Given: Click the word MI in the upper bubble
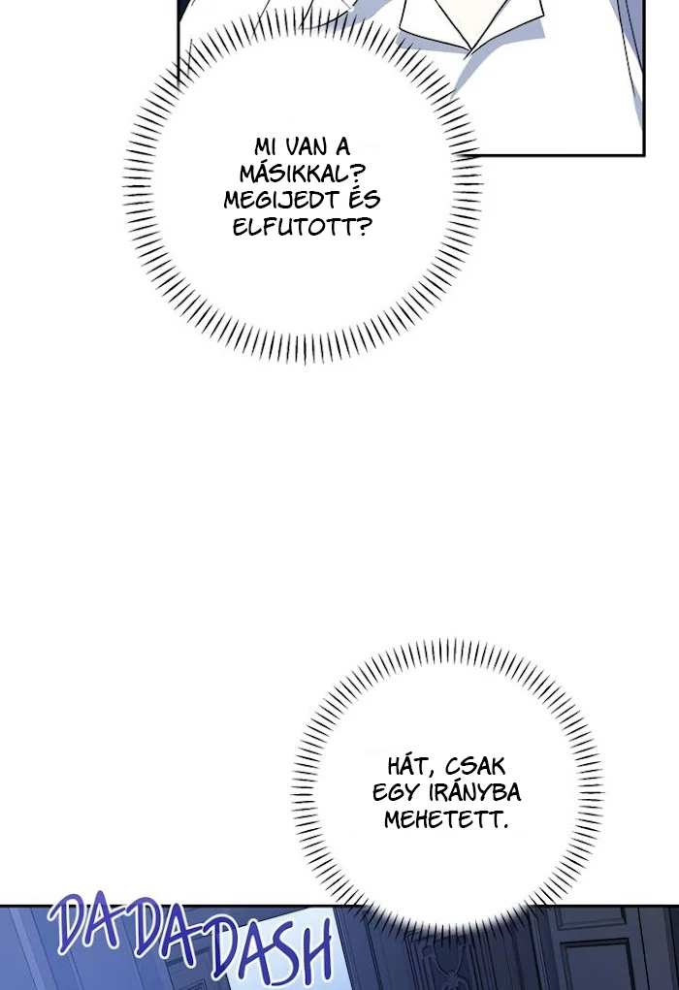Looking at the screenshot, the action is (x=265, y=146).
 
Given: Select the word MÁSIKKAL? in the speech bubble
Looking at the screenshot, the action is (x=295, y=173).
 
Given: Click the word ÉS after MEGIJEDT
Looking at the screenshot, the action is (x=364, y=199).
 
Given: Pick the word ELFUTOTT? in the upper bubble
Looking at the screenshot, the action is (x=302, y=227).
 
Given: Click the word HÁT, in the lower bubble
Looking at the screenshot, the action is (x=411, y=766).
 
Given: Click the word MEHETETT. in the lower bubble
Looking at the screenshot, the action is (x=446, y=819).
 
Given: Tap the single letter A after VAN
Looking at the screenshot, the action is (x=341, y=146).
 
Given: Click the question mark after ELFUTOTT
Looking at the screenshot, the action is (x=362, y=227).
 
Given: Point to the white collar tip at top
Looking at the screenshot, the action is (x=469, y=49).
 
